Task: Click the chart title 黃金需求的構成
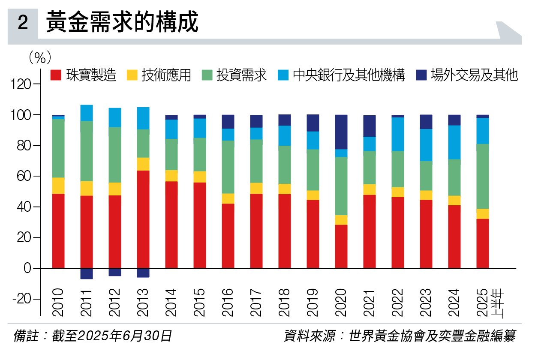tap(122, 22)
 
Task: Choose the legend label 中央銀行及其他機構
tap(349, 75)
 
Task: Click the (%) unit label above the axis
tap(39, 57)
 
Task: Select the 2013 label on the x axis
tap(142, 302)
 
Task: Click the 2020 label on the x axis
tap(341, 302)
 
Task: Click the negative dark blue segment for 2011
tap(86, 273)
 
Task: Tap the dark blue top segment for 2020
tap(341, 132)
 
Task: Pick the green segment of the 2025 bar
tap(482, 177)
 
